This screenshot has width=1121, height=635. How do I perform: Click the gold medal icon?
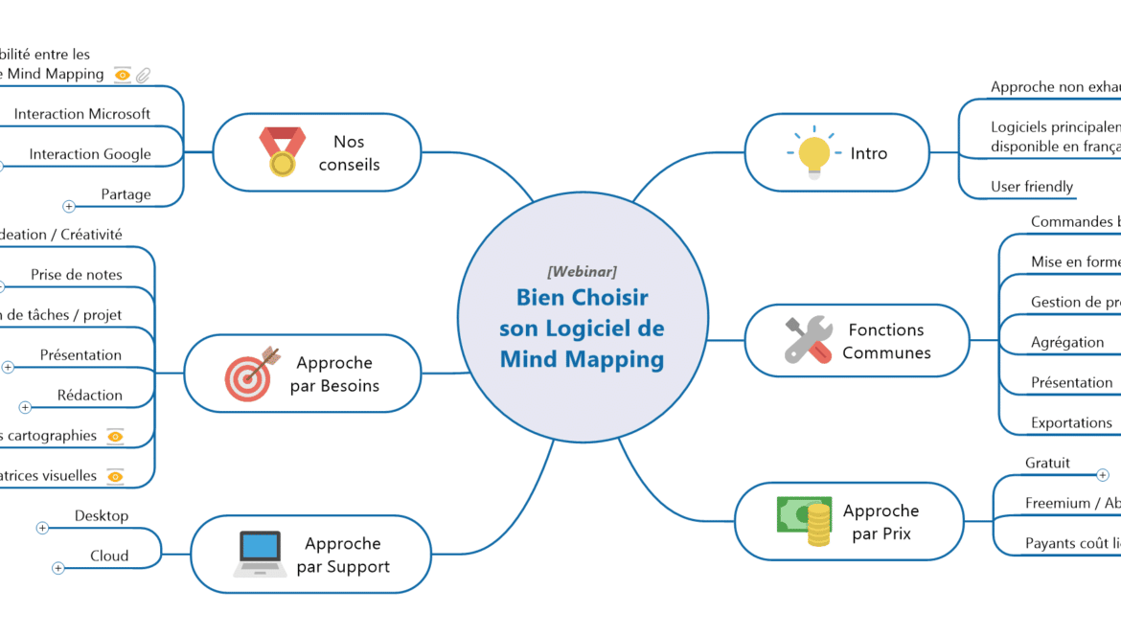(282, 152)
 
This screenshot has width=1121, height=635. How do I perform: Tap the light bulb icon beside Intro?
(813, 152)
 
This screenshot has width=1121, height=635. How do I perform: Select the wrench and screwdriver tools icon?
(808, 340)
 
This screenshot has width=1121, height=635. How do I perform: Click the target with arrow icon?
(252, 374)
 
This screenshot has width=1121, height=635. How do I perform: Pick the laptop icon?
(259, 554)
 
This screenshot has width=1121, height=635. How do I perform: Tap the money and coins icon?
(804, 521)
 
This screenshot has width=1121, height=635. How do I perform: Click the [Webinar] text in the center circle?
(582, 272)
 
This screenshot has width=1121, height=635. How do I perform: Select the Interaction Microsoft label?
(82, 114)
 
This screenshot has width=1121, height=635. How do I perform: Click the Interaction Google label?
(90, 154)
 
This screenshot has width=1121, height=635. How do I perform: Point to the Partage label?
(126, 194)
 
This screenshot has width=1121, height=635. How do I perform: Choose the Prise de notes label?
(77, 275)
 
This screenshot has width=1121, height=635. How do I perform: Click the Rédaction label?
(90, 396)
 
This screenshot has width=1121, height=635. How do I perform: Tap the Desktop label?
(102, 516)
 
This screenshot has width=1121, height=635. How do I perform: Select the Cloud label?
(109, 556)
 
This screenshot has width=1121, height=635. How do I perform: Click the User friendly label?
(1032, 187)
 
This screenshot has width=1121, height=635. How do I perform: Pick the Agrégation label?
(1067, 342)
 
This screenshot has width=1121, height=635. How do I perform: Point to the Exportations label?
(1071, 422)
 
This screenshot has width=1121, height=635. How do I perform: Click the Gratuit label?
(1047, 463)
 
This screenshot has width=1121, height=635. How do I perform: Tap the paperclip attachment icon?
(143, 75)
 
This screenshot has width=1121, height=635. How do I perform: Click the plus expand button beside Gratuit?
(1102, 475)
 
